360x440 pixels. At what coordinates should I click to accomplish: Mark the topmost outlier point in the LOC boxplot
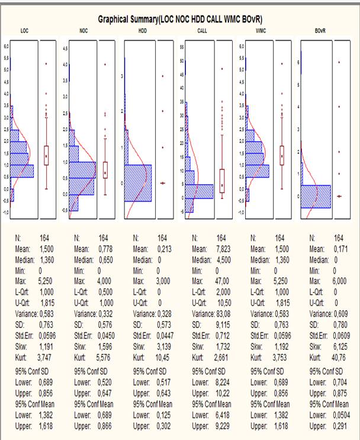point(47,63)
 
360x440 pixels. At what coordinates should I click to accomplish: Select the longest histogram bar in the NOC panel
point(82,169)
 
